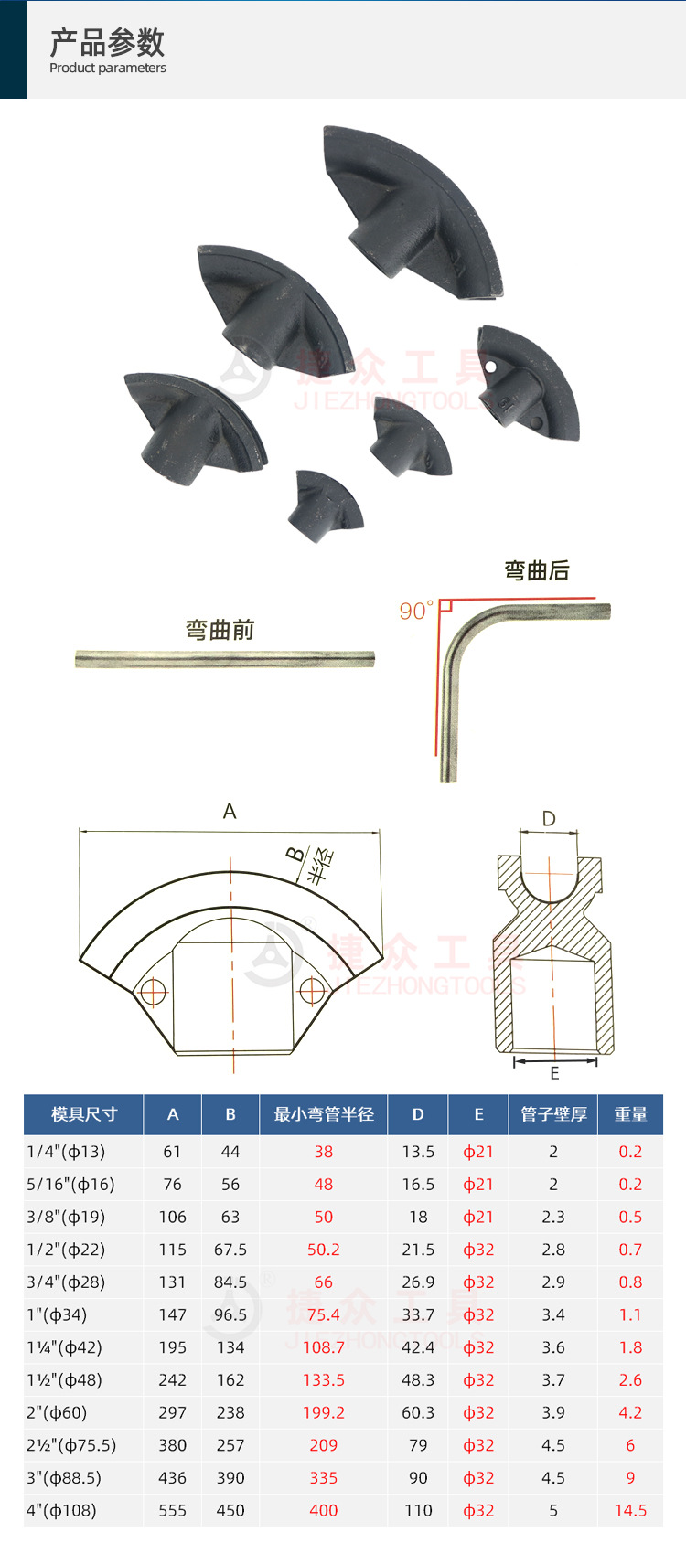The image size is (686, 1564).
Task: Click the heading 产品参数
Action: (107, 42)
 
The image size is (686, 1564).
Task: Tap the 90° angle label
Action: (415, 611)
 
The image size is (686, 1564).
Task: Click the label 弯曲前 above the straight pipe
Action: (220, 630)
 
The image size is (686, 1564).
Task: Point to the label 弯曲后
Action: (537, 571)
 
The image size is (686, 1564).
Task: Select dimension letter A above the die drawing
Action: (230, 812)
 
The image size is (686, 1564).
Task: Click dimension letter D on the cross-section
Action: (549, 818)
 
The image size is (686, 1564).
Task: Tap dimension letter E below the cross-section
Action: (554, 1074)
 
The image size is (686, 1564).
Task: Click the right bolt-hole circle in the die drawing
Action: (312, 989)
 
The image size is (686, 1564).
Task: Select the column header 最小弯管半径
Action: (324, 1114)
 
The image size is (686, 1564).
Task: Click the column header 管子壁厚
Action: (553, 1114)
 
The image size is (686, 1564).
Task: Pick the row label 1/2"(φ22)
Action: (66, 1250)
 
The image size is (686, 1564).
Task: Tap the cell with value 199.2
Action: (324, 1412)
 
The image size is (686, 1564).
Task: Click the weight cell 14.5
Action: (630, 1510)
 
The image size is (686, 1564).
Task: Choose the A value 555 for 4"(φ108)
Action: (172, 1510)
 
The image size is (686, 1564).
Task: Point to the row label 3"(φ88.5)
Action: (64, 1478)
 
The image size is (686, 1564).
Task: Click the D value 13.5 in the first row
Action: (418, 1152)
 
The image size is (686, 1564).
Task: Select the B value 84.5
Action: (230, 1282)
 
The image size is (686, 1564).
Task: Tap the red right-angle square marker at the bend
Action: (445, 605)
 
